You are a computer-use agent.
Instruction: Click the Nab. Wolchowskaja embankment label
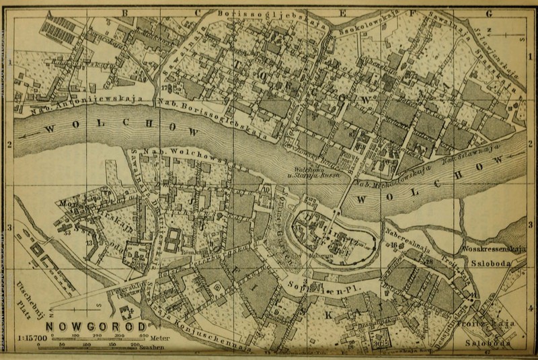coord(176,154)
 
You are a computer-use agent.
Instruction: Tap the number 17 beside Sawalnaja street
coord(164,87)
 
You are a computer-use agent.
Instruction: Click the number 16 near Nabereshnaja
coord(392,246)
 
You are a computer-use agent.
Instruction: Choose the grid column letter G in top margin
coord(490,13)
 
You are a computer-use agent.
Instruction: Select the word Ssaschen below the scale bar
coord(151,349)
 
